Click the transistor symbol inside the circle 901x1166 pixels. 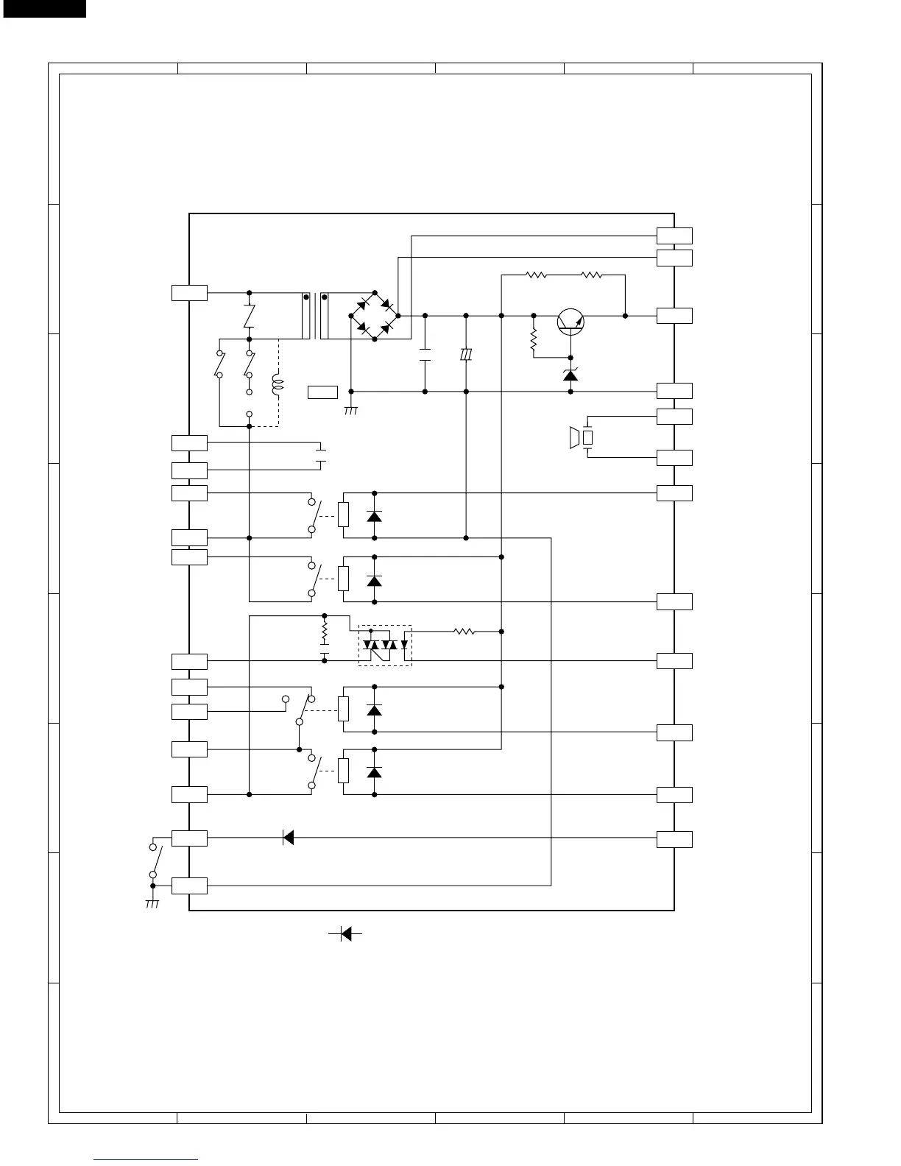(570, 322)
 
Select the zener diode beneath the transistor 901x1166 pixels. (570, 375)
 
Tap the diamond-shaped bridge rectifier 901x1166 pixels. (375, 316)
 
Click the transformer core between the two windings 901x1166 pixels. (315, 317)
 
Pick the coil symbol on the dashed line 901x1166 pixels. (278, 384)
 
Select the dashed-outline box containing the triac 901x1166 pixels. (385, 646)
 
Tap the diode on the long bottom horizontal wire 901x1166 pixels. (289, 838)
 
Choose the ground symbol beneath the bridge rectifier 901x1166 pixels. (350, 409)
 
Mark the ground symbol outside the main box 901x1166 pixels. (152, 903)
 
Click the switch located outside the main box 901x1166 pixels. (155, 860)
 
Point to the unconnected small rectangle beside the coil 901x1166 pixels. (322, 392)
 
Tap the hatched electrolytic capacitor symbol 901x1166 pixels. (465, 355)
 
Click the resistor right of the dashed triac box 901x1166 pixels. (464, 632)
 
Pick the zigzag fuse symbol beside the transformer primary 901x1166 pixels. (249, 316)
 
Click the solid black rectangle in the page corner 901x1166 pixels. (43, 8)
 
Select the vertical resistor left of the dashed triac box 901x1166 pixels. (324, 632)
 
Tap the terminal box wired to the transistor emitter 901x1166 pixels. (674, 316)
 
